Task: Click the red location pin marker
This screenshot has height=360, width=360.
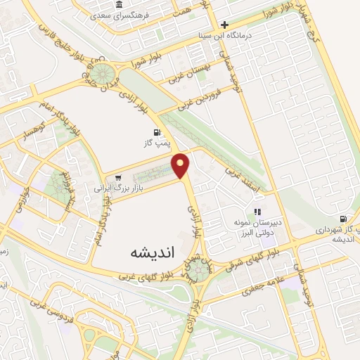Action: pyautogui.click(x=181, y=165)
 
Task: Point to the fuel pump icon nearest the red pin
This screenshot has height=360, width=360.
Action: pyautogui.click(x=155, y=133)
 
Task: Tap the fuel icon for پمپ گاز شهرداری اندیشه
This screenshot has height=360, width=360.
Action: pyautogui.click(x=342, y=219)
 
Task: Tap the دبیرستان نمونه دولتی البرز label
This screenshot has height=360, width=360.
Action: pyautogui.click(x=257, y=226)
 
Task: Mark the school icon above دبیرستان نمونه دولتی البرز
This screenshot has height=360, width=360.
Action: pyautogui.click(x=257, y=211)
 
